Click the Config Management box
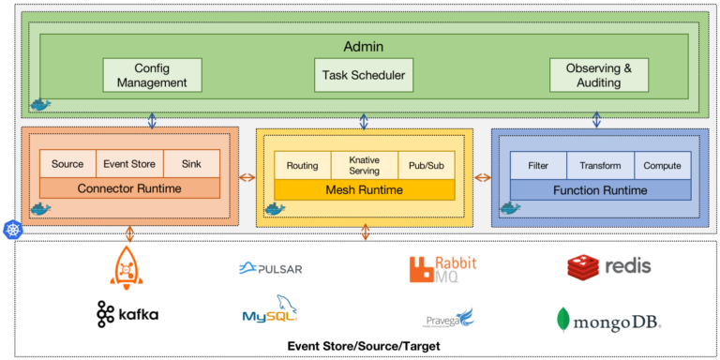coord(152,75)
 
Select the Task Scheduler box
coord(364,75)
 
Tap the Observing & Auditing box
coord(598,75)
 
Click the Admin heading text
coord(364,46)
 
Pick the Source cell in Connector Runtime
coord(67,164)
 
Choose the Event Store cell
coord(129,164)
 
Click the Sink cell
coord(191,164)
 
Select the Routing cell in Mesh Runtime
coord(303,165)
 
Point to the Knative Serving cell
coord(364,165)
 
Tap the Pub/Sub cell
coord(426,165)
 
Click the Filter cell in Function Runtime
coord(538,165)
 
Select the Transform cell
coord(600,165)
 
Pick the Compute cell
coord(662,165)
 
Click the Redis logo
coord(608,267)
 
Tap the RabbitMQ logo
coord(442,269)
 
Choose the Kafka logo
coord(127,314)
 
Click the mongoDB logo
coord(608,321)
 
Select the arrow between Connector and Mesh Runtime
coord(247,177)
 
